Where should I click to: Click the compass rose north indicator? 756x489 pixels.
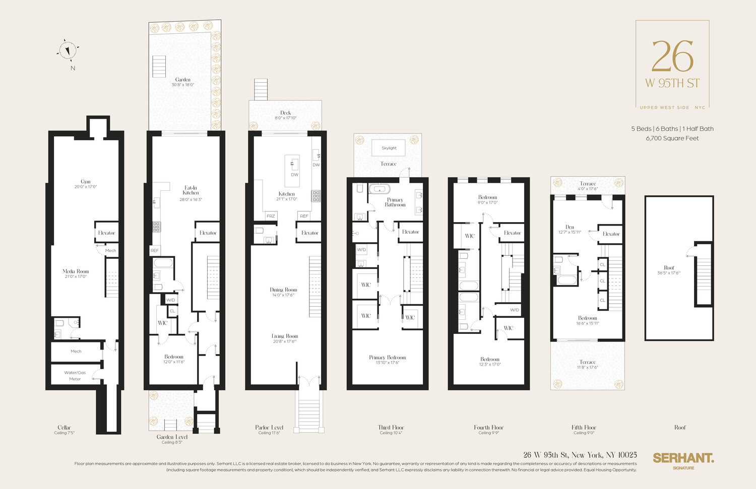[68, 50]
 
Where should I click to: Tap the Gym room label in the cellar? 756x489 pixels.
[86, 182]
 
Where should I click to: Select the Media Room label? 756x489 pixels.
[76, 271]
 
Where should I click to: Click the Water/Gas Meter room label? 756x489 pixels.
[75, 376]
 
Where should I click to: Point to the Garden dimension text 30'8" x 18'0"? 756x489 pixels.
[183, 85]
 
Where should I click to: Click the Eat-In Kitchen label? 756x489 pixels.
[191, 190]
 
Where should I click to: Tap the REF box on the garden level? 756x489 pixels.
[155, 250]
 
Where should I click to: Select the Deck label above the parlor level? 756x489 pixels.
[285, 113]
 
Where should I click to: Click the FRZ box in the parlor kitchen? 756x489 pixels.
[271, 216]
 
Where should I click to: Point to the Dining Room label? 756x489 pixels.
[283, 290]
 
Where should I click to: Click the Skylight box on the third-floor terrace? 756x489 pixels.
[389, 148]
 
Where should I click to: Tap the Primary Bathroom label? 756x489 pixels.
[395, 202]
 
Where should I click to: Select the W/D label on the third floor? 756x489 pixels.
[361, 250]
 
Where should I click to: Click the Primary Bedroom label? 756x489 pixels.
[387, 358]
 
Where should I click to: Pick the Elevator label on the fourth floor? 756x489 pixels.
[512, 233]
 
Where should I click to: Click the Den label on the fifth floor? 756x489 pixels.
[570, 227]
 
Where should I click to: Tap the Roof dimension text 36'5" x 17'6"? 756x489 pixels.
[669, 273]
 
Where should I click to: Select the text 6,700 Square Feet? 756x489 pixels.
[672, 138]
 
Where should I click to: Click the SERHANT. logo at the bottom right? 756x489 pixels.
[683, 458]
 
